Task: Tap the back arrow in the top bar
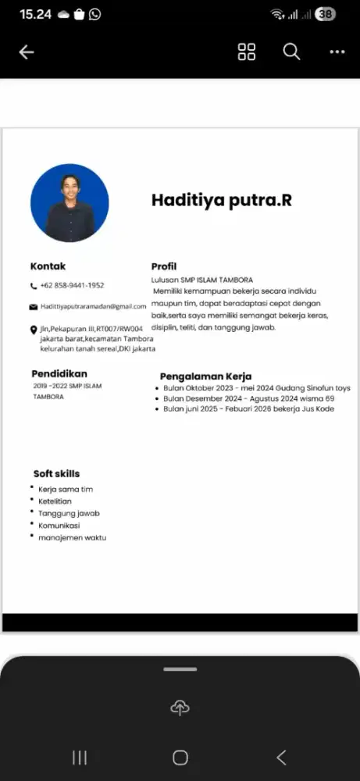point(27,52)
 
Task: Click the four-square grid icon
point(247,52)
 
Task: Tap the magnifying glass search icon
point(291,52)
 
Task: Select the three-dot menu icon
point(337,52)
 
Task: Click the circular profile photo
point(70,203)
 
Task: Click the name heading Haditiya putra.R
point(221,200)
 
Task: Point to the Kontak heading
point(48,266)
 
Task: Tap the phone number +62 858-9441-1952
point(72,286)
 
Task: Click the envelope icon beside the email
point(34,307)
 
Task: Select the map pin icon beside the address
point(34,330)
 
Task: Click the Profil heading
point(164,266)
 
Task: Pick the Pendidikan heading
point(59,373)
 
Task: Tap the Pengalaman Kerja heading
point(205,376)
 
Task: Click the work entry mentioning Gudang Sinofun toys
point(257,388)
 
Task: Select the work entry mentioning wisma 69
point(248,398)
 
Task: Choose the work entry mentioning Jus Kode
point(248,408)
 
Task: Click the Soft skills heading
point(56,473)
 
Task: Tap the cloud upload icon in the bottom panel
point(180,708)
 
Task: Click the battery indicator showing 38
point(325,14)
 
